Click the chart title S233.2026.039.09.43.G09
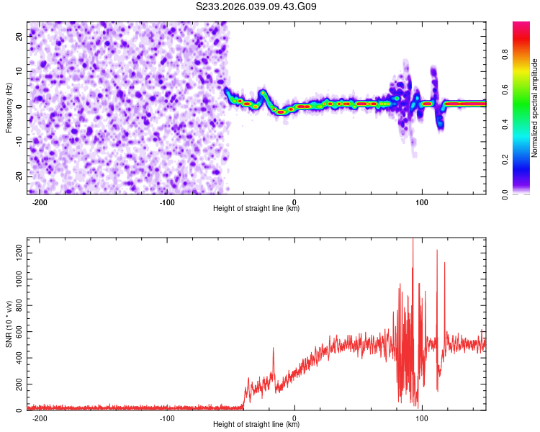pyautogui.click(x=256, y=6)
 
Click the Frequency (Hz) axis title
pyautogui.click(x=9, y=108)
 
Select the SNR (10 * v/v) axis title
pyautogui.click(x=9, y=324)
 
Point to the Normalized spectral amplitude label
pyautogui.click(x=535, y=108)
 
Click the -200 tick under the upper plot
pyautogui.click(x=40, y=202)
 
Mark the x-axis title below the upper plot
pyautogui.click(x=256, y=209)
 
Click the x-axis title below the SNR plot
pyautogui.click(x=256, y=425)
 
